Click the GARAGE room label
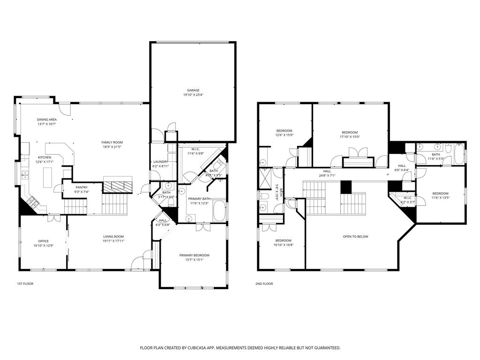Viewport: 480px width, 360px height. point(193,90)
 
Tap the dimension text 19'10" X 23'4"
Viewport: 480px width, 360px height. point(193,95)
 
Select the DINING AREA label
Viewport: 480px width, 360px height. point(47,120)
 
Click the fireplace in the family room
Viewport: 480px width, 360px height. point(118,186)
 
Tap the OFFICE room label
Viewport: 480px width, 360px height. point(43,241)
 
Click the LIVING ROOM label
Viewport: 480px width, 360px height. point(113,236)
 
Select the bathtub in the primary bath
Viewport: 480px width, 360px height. point(219,211)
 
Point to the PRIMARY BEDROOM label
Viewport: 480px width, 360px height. point(194,255)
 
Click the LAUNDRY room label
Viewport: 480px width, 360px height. point(160,162)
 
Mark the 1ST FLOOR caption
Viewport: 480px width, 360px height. point(25,284)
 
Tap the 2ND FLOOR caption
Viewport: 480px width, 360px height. point(264,284)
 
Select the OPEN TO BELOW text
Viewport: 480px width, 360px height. point(355,236)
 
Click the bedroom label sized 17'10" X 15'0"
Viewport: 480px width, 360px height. point(350,132)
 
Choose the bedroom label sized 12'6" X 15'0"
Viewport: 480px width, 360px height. point(284,130)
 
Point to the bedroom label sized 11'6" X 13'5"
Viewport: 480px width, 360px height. point(440,193)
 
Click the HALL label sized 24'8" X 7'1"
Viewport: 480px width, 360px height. point(327,171)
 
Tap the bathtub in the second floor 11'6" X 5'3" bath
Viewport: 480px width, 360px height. point(458,154)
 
